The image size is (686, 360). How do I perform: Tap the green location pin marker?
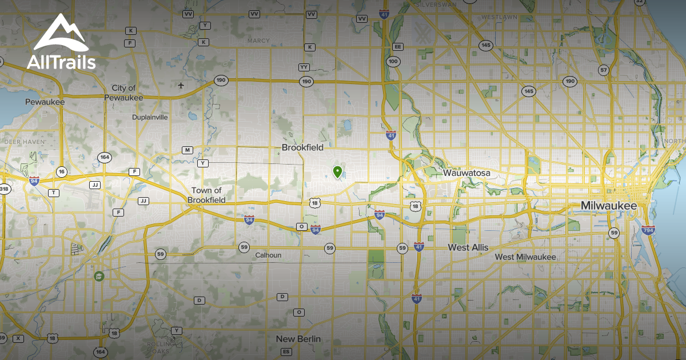(337, 171)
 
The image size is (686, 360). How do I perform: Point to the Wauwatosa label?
(466, 173)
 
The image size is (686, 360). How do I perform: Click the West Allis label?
(468, 247)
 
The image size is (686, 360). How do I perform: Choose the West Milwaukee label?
(525, 257)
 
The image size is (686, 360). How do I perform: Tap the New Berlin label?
(298, 339)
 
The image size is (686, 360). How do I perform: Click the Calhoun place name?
(268, 255)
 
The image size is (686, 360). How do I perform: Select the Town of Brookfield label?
(206, 195)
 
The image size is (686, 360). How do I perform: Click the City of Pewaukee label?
(123, 93)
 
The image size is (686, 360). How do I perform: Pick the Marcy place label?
(258, 41)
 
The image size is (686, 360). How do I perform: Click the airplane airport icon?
(181, 86)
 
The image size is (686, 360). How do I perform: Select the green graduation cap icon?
(99, 276)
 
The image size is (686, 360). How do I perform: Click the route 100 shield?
(393, 61)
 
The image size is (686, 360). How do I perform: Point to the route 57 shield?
(604, 70)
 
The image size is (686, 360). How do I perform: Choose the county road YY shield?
(304, 67)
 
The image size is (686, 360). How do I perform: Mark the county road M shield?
(187, 150)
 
